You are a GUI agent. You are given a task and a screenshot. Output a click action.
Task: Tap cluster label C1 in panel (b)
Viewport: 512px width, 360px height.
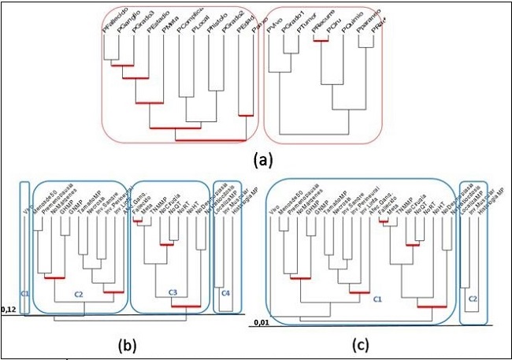pos(25,293)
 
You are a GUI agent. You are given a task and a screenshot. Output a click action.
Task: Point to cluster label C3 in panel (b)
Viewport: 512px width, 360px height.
pos(173,293)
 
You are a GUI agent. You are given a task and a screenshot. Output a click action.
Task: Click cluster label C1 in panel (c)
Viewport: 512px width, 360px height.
pos(378,299)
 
